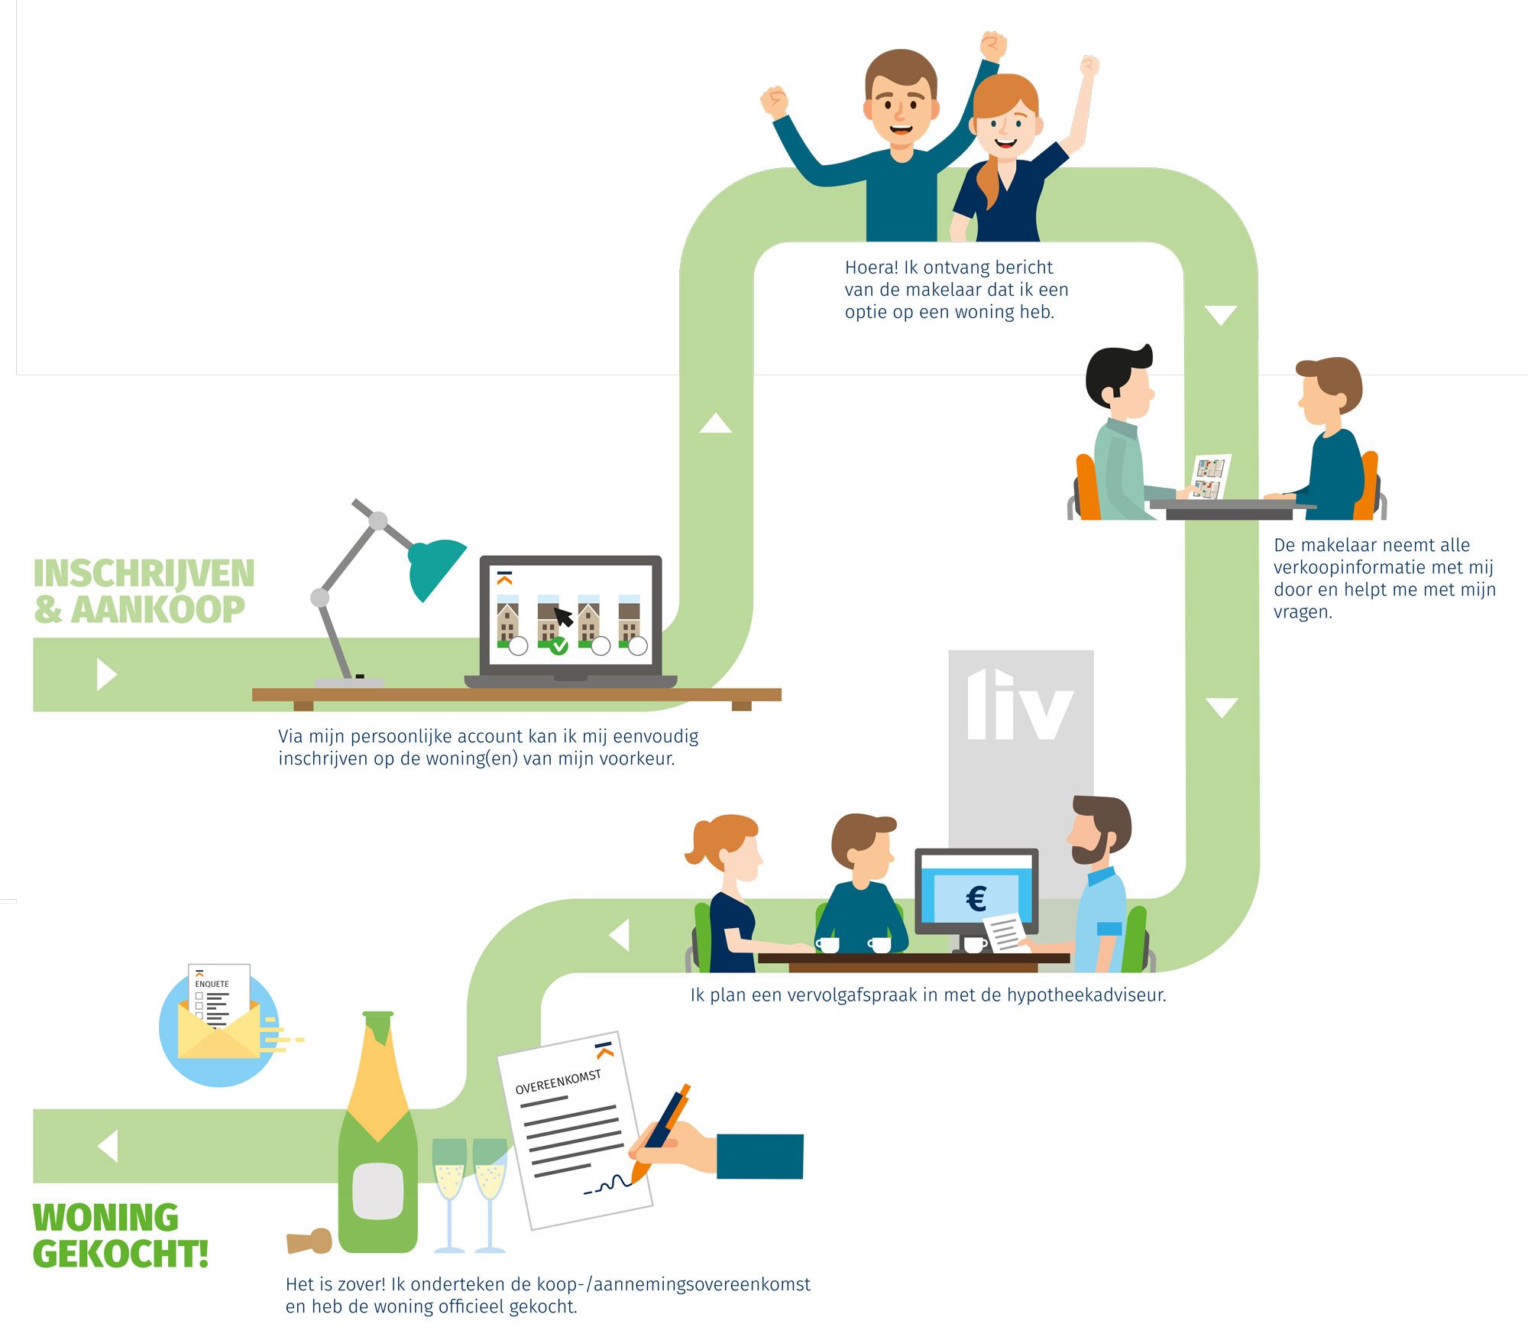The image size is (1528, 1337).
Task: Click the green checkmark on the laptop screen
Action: [558, 647]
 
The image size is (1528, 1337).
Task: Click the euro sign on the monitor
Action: [976, 898]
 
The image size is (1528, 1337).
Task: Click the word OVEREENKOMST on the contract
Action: [558, 1082]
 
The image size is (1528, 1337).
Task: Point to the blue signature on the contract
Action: [607, 1186]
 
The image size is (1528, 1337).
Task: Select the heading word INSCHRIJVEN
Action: [144, 573]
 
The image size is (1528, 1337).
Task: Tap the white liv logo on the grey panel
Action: [1020, 705]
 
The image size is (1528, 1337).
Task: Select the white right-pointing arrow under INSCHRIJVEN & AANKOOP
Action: [106, 674]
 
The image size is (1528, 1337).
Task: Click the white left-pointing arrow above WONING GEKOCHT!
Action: [108, 1146]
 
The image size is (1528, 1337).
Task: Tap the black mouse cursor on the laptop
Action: [563, 616]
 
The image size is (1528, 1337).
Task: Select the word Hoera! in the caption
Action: [871, 268]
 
